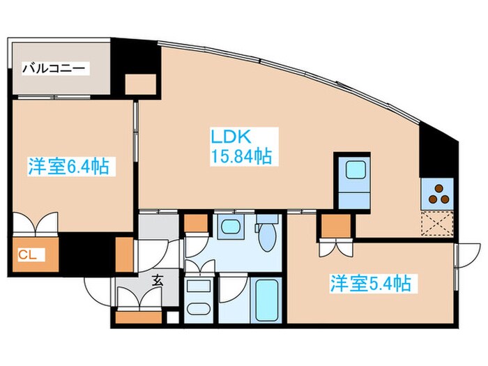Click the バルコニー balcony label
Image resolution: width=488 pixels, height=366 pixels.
[x=54, y=68]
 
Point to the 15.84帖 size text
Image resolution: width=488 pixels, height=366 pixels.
[x=241, y=156]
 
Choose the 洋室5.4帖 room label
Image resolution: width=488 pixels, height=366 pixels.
[x=369, y=283]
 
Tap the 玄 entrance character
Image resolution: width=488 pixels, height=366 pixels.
[x=157, y=281]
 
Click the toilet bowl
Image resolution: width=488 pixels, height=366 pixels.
[x=267, y=236]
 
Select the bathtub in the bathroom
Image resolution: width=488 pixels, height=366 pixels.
[x=265, y=298]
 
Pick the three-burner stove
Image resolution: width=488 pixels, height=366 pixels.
[x=437, y=193]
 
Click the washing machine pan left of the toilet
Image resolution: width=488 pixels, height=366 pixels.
[x=229, y=227]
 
